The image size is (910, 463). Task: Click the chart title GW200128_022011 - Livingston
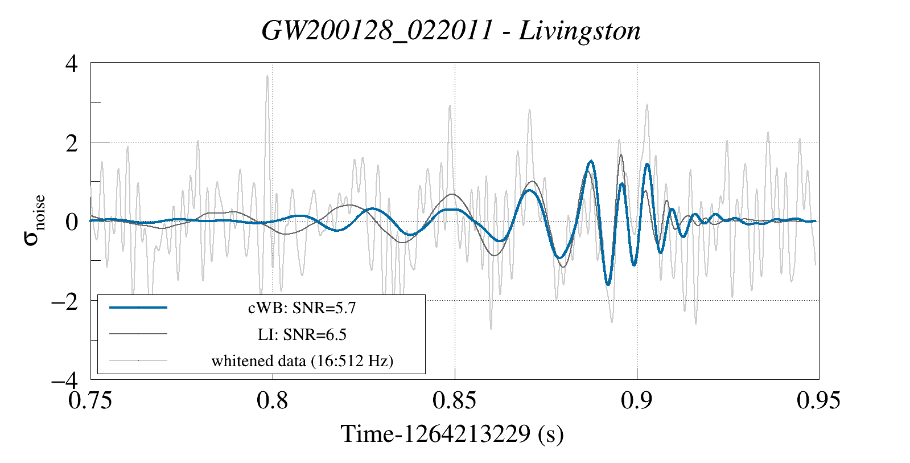click(451, 31)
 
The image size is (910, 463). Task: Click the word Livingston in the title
click(579, 31)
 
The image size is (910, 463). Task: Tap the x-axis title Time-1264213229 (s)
click(452, 434)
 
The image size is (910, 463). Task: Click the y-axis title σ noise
click(35, 220)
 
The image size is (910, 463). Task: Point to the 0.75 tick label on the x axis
click(90, 400)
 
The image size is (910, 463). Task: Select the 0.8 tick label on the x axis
click(273, 400)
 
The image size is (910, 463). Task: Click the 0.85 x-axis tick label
click(454, 400)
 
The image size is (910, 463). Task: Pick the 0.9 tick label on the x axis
click(636, 400)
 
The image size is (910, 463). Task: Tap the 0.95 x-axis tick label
click(818, 400)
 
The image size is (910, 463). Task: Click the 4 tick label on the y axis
click(71, 63)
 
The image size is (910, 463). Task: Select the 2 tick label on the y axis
click(71, 143)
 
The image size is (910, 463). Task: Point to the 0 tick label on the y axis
click(71, 222)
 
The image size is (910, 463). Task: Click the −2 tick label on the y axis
click(64, 301)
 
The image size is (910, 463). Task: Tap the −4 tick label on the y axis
click(64, 380)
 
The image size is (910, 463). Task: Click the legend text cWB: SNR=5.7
click(302, 308)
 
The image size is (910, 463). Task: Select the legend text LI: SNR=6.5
click(302, 334)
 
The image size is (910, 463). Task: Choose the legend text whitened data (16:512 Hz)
click(302, 360)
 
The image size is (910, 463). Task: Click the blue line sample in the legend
click(138, 308)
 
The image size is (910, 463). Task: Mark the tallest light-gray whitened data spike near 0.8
click(267, 76)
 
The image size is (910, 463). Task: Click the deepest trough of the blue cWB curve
click(608, 284)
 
